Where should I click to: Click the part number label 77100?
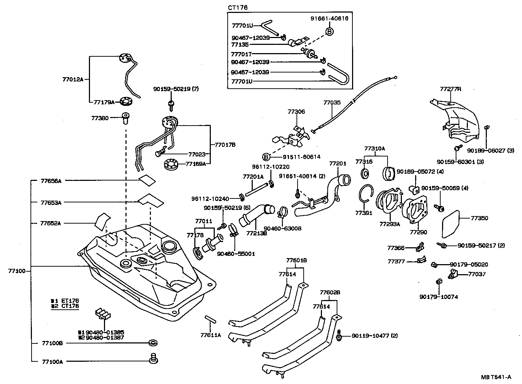point(16,271)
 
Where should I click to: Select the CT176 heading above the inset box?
point(238,8)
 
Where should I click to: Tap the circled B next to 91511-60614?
point(266,157)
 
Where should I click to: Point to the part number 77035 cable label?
point(332,103)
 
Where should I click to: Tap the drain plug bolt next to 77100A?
point(154,358)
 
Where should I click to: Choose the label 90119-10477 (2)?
point(375,336)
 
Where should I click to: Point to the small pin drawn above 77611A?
point(210,319)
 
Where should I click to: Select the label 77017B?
point(225,145)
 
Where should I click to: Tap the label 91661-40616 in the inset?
point(329,19)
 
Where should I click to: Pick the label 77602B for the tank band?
point(330,292)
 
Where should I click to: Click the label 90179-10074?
point(438,297)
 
